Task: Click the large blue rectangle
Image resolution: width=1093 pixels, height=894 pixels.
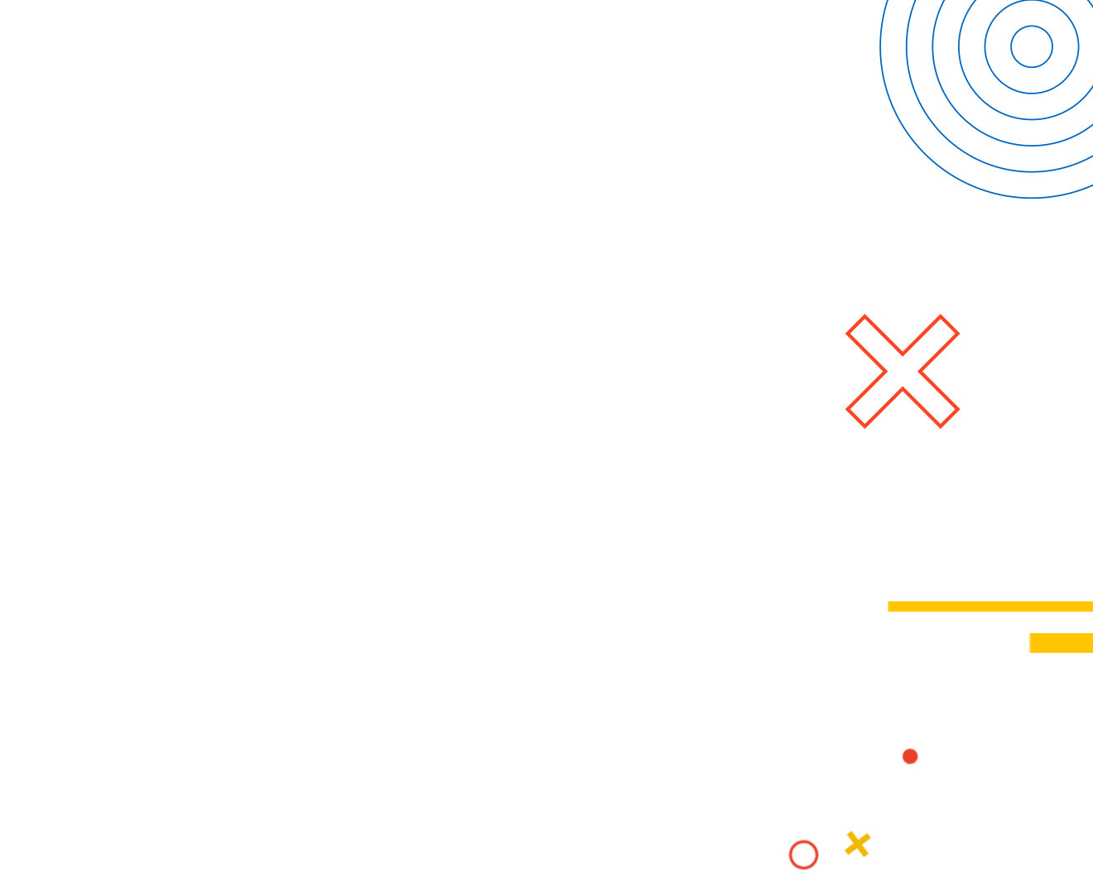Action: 985,99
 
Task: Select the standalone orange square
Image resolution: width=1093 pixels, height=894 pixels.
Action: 902,371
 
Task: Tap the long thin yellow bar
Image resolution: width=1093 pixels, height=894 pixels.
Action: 989,606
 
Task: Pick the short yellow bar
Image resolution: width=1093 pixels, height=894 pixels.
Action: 1061,642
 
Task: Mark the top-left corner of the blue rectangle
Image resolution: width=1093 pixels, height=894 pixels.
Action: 879,1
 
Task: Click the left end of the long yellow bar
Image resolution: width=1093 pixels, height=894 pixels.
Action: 888,606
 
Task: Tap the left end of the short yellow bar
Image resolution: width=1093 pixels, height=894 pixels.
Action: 1030,642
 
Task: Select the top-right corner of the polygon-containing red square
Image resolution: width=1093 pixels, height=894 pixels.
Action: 918,747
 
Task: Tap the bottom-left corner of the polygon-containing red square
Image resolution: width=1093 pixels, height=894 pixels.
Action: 787,871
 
